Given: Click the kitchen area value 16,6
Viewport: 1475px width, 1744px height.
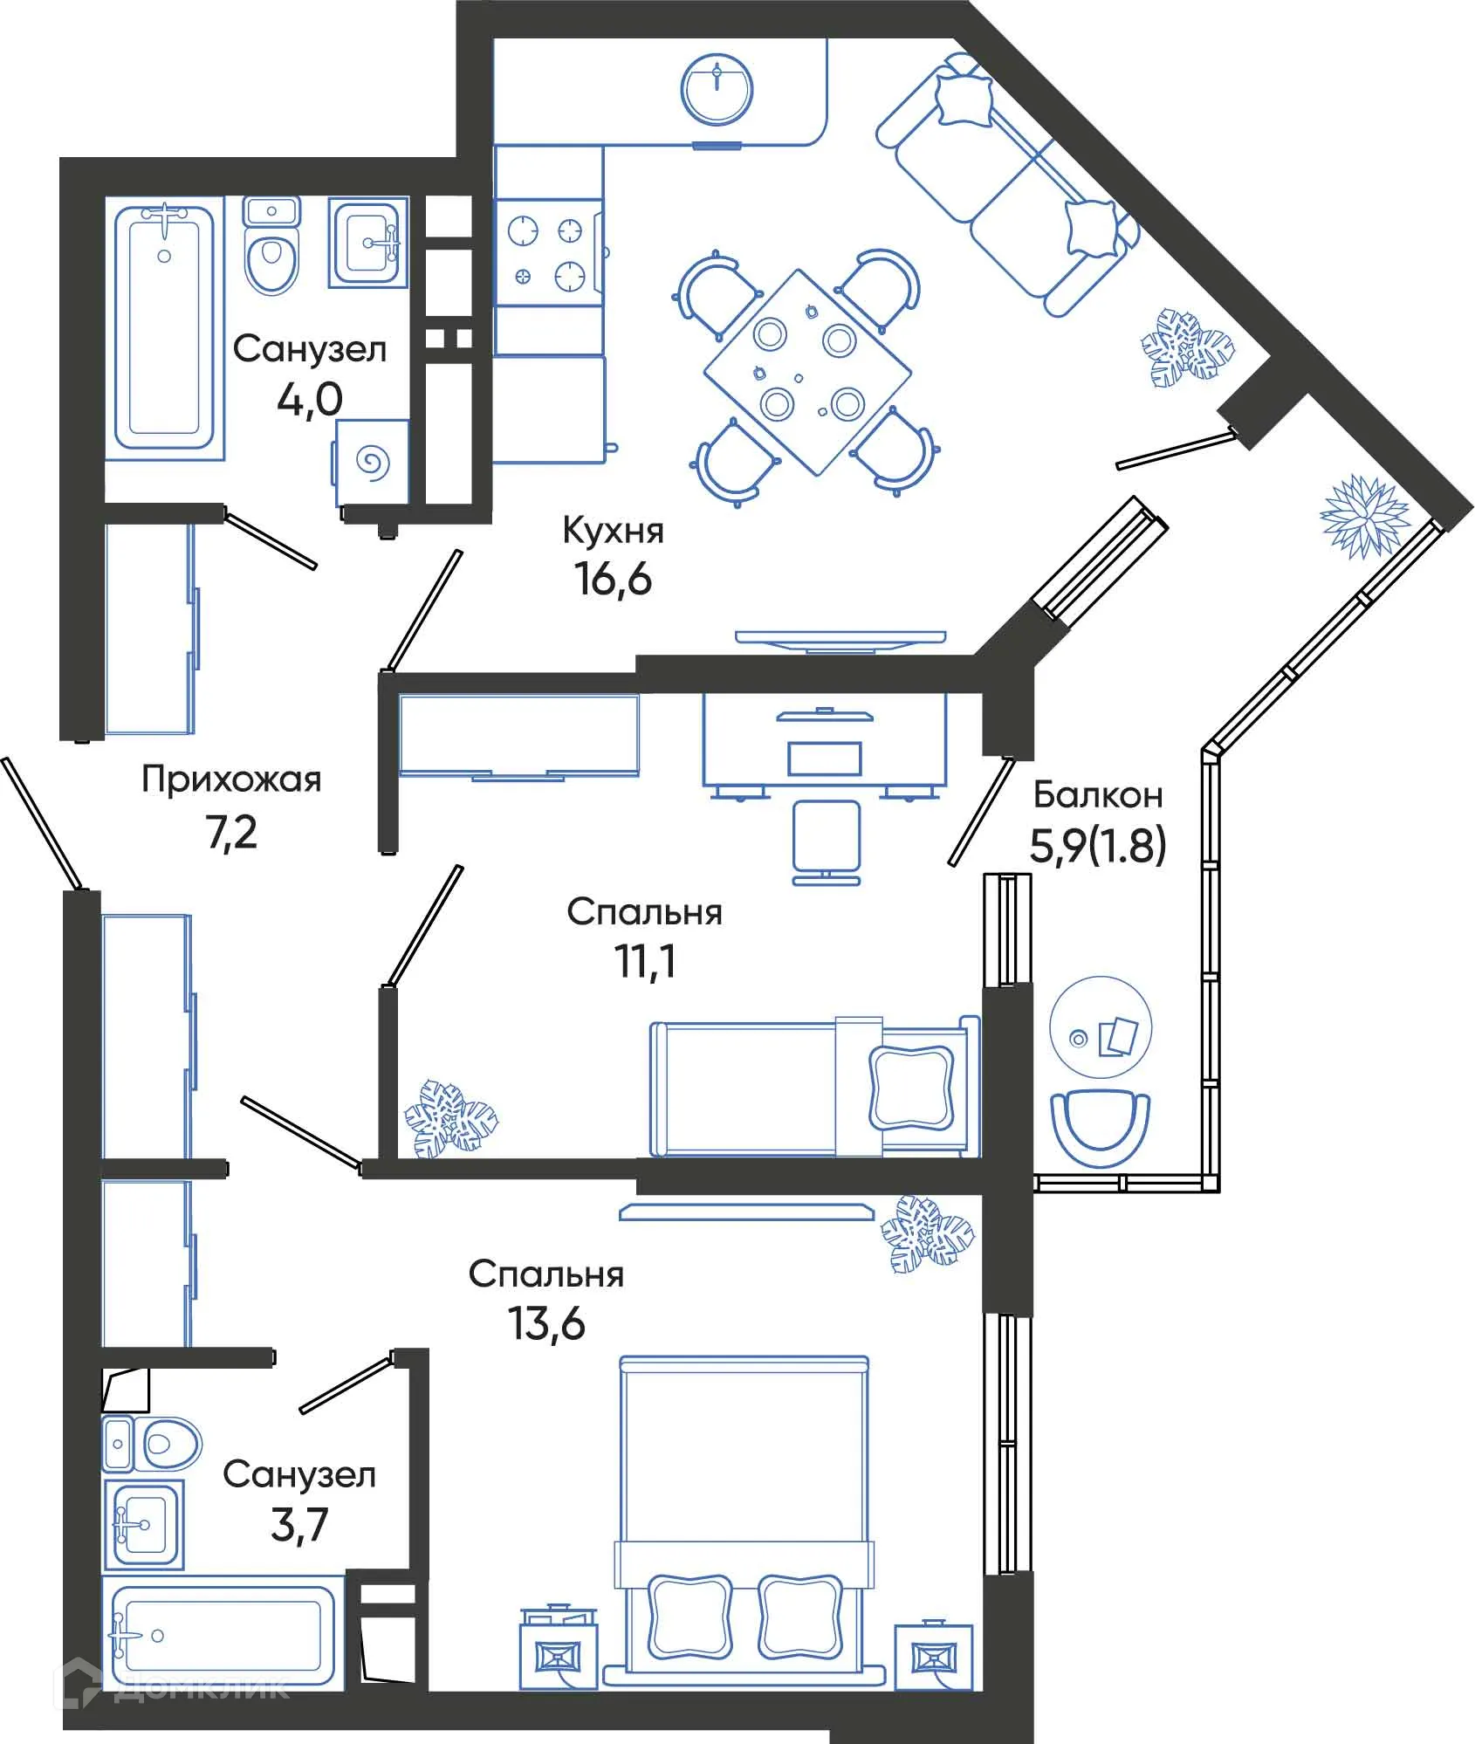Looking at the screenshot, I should coord(613,579).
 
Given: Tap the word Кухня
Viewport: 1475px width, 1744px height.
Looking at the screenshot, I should coord(613,531).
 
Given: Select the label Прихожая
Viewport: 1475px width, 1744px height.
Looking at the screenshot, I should coord(231,779).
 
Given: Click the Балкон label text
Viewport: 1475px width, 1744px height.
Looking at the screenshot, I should coord(1097,795).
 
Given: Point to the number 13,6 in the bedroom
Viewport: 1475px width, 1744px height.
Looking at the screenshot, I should coord(546,1324).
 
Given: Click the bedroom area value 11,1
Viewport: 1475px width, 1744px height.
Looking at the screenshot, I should coord(645,962).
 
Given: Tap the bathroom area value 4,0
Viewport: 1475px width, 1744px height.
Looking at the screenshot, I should coord(309,400).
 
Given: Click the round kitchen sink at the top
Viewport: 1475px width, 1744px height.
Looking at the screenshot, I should coord(717,89).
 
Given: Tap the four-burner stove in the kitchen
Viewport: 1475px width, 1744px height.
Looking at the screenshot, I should coord(547,253).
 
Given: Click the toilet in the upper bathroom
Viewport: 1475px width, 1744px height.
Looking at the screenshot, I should coord(271,247).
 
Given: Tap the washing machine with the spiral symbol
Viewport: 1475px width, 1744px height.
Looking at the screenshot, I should coord(372,463).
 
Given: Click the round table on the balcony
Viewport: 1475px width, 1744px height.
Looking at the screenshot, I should coord(1100,1029).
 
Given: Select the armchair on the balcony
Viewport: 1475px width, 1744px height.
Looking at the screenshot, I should coord(1100,1125).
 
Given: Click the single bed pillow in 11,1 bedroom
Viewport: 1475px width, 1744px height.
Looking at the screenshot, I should coord(911,1087).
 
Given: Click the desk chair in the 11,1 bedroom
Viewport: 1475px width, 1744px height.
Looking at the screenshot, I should coord(827,841).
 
